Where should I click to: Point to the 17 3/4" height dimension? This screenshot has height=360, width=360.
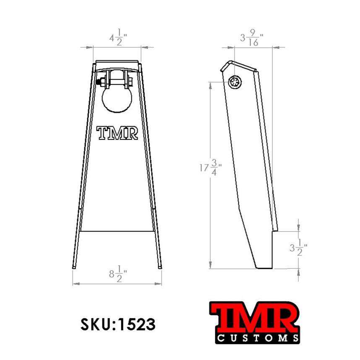pos(211,169)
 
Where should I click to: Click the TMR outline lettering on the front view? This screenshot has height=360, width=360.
pos(117,133)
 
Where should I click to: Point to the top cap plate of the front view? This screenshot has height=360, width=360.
pos(117,64)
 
